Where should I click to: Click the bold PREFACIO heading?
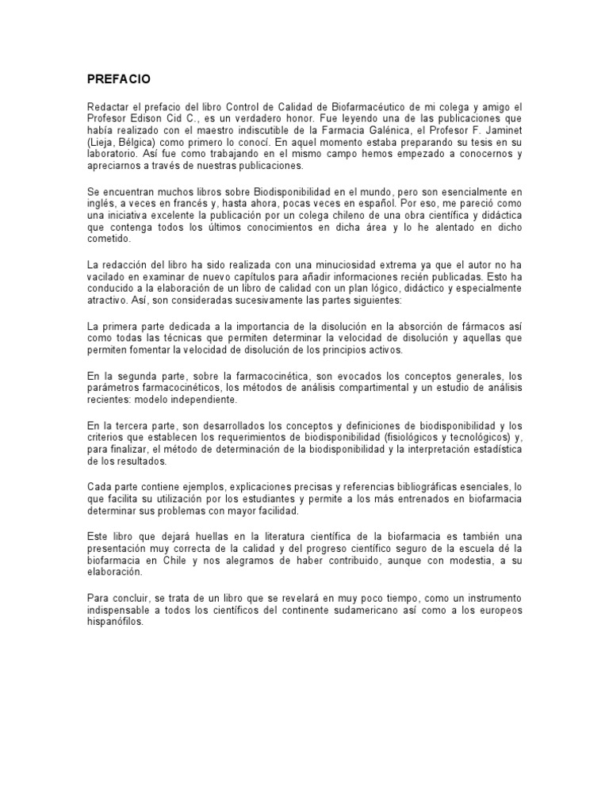pyautogui.click(x=118, y=79)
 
